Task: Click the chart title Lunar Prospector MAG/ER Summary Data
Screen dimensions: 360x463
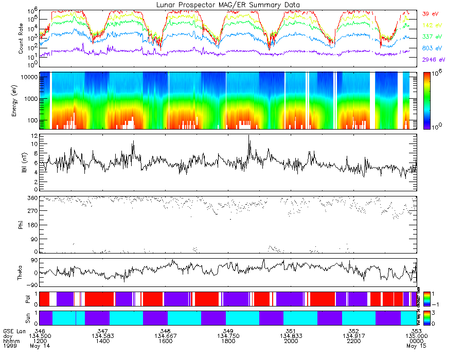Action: pos(228,5)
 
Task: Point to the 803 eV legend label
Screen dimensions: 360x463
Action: pos(431,48)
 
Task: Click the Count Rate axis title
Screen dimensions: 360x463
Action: pos(21,38)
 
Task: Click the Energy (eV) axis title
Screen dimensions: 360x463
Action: pos(21,100)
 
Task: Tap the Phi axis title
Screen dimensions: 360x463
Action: pos(21,224)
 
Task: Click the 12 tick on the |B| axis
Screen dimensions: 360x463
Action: pos(33,135)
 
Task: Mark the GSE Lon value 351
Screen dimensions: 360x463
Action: pos(291,330)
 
